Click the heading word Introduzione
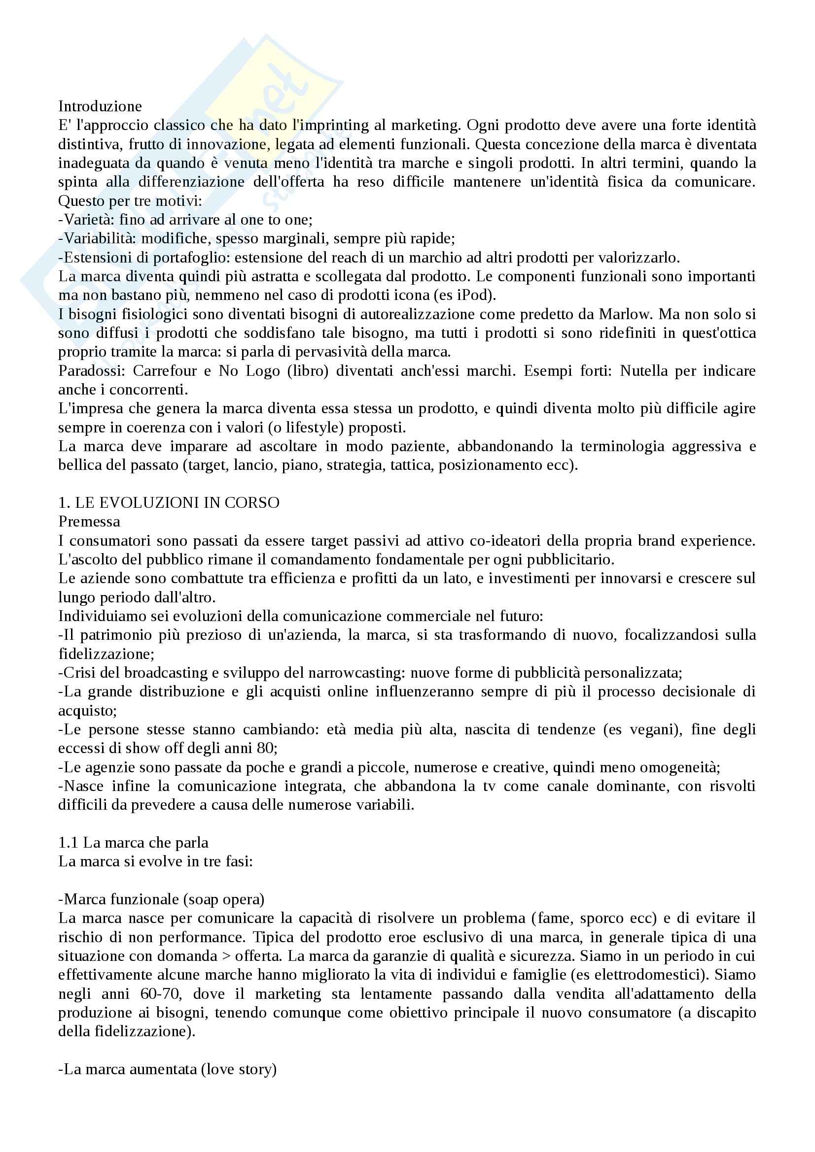click(100, 106)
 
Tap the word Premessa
click(89, 522)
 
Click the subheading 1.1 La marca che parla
click(133, 843)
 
